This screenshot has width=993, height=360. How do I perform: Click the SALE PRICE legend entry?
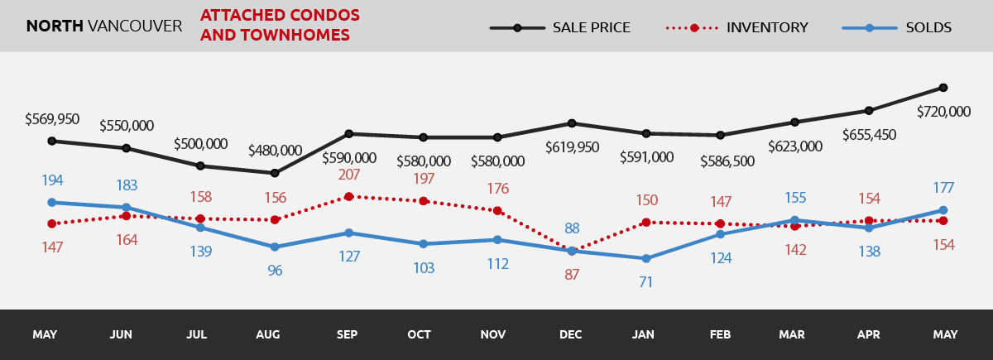[x=560, y=27]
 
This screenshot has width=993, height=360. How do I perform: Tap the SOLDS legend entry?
[x=897, y=27]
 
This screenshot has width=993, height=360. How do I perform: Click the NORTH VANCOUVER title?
[x=104, y=26]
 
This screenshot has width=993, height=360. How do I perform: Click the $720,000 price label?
[x=943, y=112]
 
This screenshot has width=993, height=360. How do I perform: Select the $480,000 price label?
[x=276, y=151]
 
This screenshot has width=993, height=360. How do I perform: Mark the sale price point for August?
[x=274, y=173]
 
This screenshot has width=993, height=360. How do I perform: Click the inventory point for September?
[x=349, y=196]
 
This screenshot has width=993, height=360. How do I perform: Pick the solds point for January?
[x=645, y=258]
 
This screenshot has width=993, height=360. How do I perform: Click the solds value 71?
[x=645, y=281]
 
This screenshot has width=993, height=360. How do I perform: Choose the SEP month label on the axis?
[x=348, y=335]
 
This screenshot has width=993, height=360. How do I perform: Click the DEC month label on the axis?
[x=571, y=335]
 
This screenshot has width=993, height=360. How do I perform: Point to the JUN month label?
[x=121, y=335]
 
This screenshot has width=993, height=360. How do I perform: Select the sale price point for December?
[x=571, y=123]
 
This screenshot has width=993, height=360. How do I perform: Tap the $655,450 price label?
[x=869, y=135]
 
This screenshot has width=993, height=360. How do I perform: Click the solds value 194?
[x=51, y=180]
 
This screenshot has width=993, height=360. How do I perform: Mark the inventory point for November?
[x=497, y=210]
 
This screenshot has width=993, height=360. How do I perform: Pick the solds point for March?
[x=794, y=220]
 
